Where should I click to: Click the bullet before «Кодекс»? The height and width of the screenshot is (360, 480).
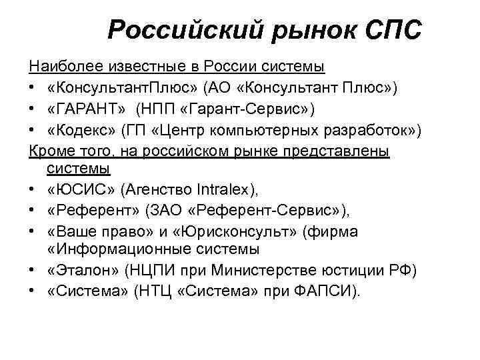(x=33, y=129)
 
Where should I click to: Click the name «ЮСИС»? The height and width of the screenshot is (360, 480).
(x=80, y=191)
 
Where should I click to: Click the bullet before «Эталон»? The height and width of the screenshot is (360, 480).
(x=33, y=271)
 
